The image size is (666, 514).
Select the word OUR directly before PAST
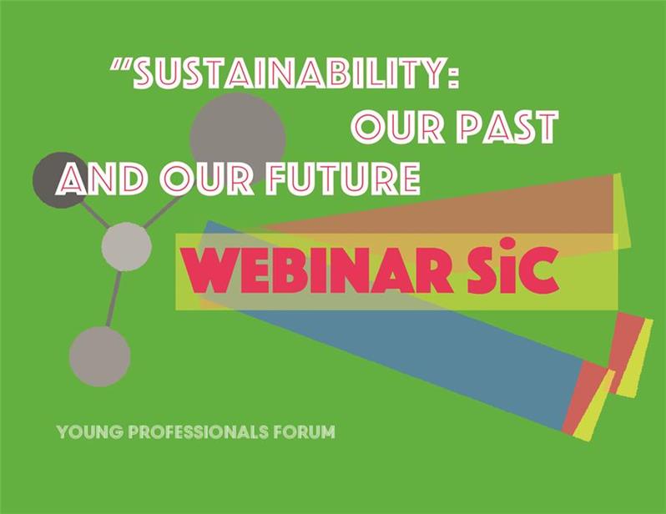tap(398, 127)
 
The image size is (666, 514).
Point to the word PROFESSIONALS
tap(199, 432)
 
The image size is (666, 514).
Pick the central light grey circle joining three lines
tap(126, 246)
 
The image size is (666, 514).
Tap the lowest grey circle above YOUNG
tap(100, 356)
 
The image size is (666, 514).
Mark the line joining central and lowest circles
tap(114, 300)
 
